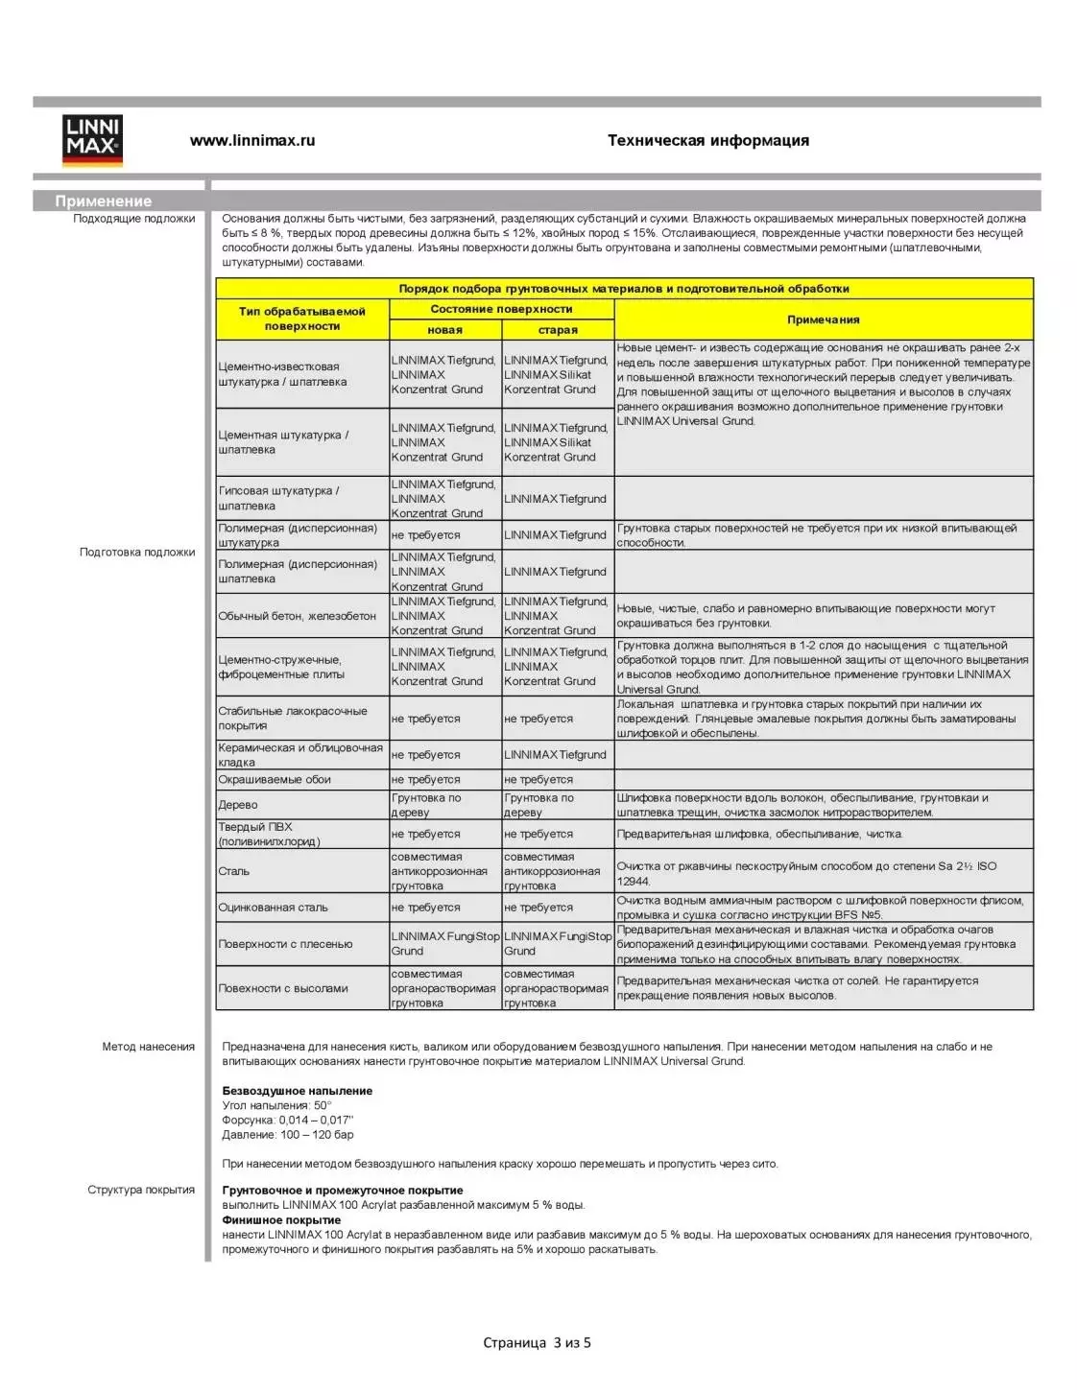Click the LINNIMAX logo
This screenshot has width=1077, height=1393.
[92, 140]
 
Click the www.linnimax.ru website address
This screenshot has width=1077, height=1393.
[252, 140]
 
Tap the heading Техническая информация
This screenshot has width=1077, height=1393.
[707, 140]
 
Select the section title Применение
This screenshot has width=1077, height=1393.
[103, 201]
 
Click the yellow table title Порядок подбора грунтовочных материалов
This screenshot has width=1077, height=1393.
[624, 288]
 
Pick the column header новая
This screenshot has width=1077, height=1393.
[444, 329]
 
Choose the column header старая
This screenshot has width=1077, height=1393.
[558, 329]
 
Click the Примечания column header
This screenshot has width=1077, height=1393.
[823, 319]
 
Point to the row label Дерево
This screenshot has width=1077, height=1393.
[238, 805]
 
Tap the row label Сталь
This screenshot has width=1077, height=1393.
[233, 871]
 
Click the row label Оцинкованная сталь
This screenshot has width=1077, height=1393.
[273, 908]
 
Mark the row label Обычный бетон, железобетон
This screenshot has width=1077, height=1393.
[297, 616]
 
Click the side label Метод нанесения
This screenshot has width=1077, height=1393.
[148, 1047]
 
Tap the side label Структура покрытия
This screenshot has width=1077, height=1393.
[141, 1190]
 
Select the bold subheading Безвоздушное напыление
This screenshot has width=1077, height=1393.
[298, 1091]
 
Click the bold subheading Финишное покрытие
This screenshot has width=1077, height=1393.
[281, 1220]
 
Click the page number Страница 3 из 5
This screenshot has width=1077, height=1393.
[537, 1343]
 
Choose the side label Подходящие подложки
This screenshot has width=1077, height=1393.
[133, 219]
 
